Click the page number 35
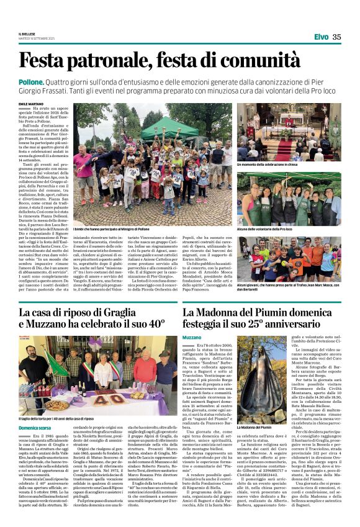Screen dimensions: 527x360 [x=337, y=37]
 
